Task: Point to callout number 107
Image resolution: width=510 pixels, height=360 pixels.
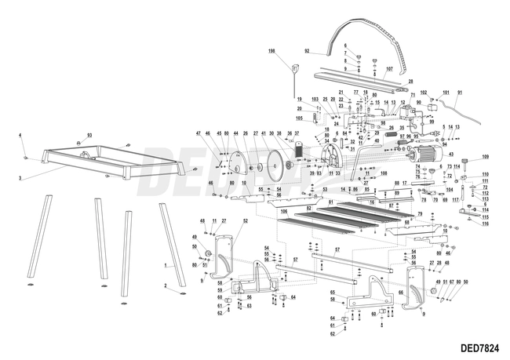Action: pos(388,69)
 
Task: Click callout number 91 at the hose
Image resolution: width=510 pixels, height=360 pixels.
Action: pos(460,93)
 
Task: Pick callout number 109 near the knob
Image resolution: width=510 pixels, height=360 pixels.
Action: pos(485,157)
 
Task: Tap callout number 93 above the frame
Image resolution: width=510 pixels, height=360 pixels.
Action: pos(89,136)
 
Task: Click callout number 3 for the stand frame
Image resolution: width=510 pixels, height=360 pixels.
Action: pos(20,179)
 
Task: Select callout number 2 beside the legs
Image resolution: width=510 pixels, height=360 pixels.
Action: pos(165,287)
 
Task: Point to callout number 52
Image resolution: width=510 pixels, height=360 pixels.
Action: pos(245,221)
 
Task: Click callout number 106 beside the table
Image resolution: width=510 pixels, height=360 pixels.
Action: pos(284,212)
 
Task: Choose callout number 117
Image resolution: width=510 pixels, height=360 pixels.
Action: pos(455,199)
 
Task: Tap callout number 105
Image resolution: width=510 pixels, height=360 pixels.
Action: pos(298,118)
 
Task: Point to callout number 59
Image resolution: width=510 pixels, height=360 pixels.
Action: pos(220,290)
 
